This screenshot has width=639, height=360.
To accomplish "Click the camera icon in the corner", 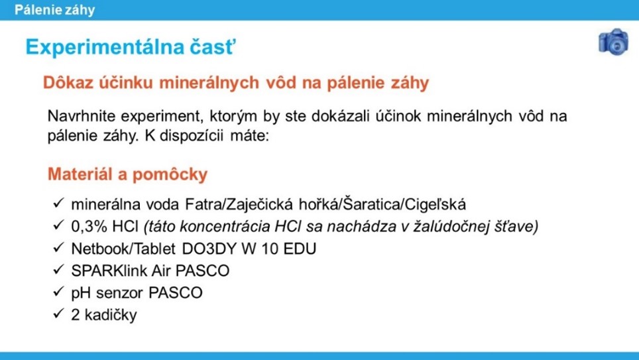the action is pos(613,42).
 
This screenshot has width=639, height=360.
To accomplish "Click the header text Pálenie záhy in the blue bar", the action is pos(54,10).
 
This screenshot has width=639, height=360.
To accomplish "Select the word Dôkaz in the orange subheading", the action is pos(69,82).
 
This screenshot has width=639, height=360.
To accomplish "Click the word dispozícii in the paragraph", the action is pos(191,136).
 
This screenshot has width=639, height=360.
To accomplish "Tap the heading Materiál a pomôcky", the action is pos(127,174).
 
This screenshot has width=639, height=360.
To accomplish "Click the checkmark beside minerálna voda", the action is pos(59,202).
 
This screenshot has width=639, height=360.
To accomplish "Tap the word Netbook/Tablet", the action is pos(123,249).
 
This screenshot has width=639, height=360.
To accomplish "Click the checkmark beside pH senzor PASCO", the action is pos(59,291).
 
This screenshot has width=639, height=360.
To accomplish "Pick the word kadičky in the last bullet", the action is pos(111,315).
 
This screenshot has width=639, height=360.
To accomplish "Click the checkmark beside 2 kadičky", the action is pos(59,313).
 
